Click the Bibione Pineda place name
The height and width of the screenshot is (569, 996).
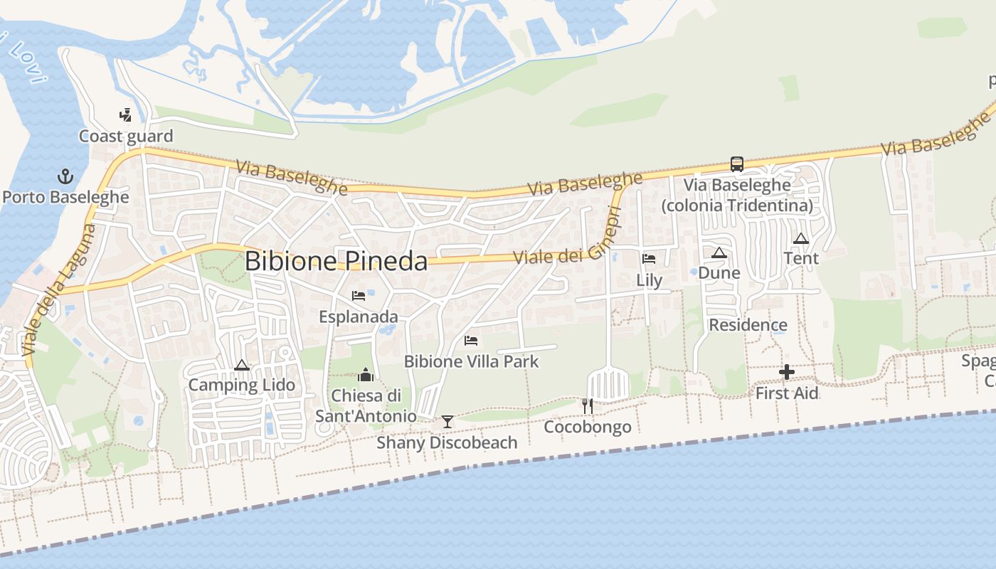(336, 261)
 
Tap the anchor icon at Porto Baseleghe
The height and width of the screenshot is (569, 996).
(65, 176)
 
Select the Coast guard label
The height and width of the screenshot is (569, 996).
(126, 137)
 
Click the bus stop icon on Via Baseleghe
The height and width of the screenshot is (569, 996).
(737, 164)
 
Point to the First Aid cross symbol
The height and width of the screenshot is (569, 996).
(787, 372)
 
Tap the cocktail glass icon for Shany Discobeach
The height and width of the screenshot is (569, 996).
(447, 422)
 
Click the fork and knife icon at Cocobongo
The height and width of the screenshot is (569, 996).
(588, 406)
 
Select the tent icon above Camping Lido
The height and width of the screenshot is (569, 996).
(242, 366)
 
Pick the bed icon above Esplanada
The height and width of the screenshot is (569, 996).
(359, 296)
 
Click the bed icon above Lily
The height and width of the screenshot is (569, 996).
(649, 259)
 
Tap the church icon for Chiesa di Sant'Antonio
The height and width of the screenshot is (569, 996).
(366, 375)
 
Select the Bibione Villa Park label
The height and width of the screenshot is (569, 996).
(472, 361)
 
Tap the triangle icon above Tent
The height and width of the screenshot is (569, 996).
(801, 239)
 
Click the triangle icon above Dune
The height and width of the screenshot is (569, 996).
(719, 253)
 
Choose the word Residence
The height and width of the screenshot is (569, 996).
(748, 325)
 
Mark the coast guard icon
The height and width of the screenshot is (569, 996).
(126, 115)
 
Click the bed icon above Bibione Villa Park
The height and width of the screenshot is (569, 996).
(471, 341)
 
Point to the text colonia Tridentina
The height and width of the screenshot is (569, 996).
(737, 206)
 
